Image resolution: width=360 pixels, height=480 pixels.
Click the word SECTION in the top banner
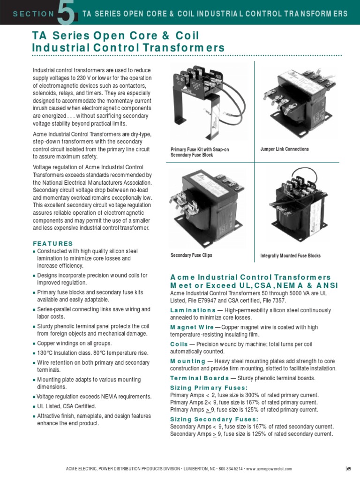34,14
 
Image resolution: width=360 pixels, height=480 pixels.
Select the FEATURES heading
52,244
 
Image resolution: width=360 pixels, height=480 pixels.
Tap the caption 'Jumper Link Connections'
285,149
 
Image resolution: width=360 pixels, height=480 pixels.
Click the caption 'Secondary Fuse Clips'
191,255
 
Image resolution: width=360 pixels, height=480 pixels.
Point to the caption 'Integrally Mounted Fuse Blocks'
290,256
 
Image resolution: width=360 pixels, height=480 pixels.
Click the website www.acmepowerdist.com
269,469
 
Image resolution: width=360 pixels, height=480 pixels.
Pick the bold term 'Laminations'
193,310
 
